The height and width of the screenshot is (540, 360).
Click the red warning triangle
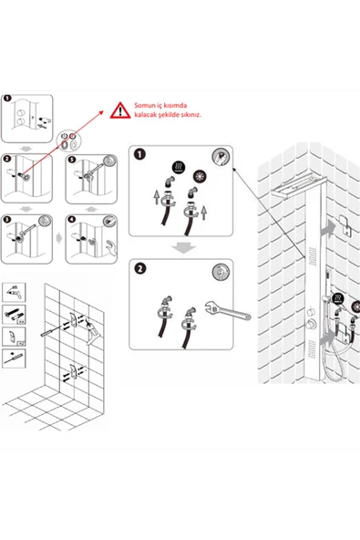coord(120,110)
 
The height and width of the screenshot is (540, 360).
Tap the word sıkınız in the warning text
coord(190,115)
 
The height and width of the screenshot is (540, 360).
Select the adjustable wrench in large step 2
coord(228,310)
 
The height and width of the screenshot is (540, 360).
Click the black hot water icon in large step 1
coord(179,167)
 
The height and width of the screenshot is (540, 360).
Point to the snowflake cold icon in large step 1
coord(200,176)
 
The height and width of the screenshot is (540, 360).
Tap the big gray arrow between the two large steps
coord(184,247)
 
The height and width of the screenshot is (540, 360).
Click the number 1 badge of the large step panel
coord(139,154)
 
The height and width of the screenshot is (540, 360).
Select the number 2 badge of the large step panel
coord(139,268)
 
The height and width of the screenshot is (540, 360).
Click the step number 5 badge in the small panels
coord(72,160)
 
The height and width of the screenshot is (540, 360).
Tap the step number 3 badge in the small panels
coord(7,219)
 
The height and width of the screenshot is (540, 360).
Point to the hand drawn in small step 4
coord(111,247)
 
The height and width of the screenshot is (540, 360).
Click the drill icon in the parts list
coord(14,292)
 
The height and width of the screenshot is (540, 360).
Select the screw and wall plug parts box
coord(14,314)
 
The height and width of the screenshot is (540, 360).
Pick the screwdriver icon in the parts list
coord(14,358)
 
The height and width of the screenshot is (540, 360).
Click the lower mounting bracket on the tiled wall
coord(73,371)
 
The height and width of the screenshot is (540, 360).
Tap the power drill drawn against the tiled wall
coord(91,331)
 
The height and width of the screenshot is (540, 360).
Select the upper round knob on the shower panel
coord(311,312)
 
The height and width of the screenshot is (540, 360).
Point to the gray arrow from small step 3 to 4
coord(59,238)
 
